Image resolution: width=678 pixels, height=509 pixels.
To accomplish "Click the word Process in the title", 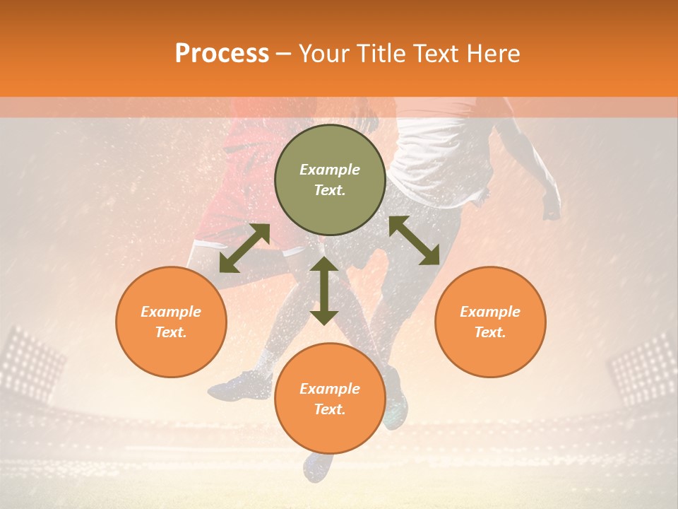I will [x=222, y=54].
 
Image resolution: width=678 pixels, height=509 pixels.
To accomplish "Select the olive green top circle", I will [x=330, y=180].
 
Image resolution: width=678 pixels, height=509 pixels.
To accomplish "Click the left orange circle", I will [x=171, y=322].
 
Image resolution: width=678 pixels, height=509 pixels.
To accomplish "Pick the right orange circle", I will [x=490, y=322].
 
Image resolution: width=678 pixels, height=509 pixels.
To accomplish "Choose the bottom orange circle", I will [x=330, y=398].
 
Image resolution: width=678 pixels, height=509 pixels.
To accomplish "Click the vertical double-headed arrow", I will [x=324, y=291].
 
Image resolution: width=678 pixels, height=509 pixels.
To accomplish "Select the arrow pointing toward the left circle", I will [x=244, y=248].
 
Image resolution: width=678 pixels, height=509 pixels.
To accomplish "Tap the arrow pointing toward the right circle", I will [x=415, y=241].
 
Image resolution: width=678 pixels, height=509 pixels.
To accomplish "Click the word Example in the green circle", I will [x=330, y=170].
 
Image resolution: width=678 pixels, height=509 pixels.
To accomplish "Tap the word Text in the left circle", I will [x=171, y=332].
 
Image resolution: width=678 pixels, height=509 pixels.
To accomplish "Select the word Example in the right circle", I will [x=490, y=312].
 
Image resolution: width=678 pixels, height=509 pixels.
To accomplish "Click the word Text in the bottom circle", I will [x=330, y=409].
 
